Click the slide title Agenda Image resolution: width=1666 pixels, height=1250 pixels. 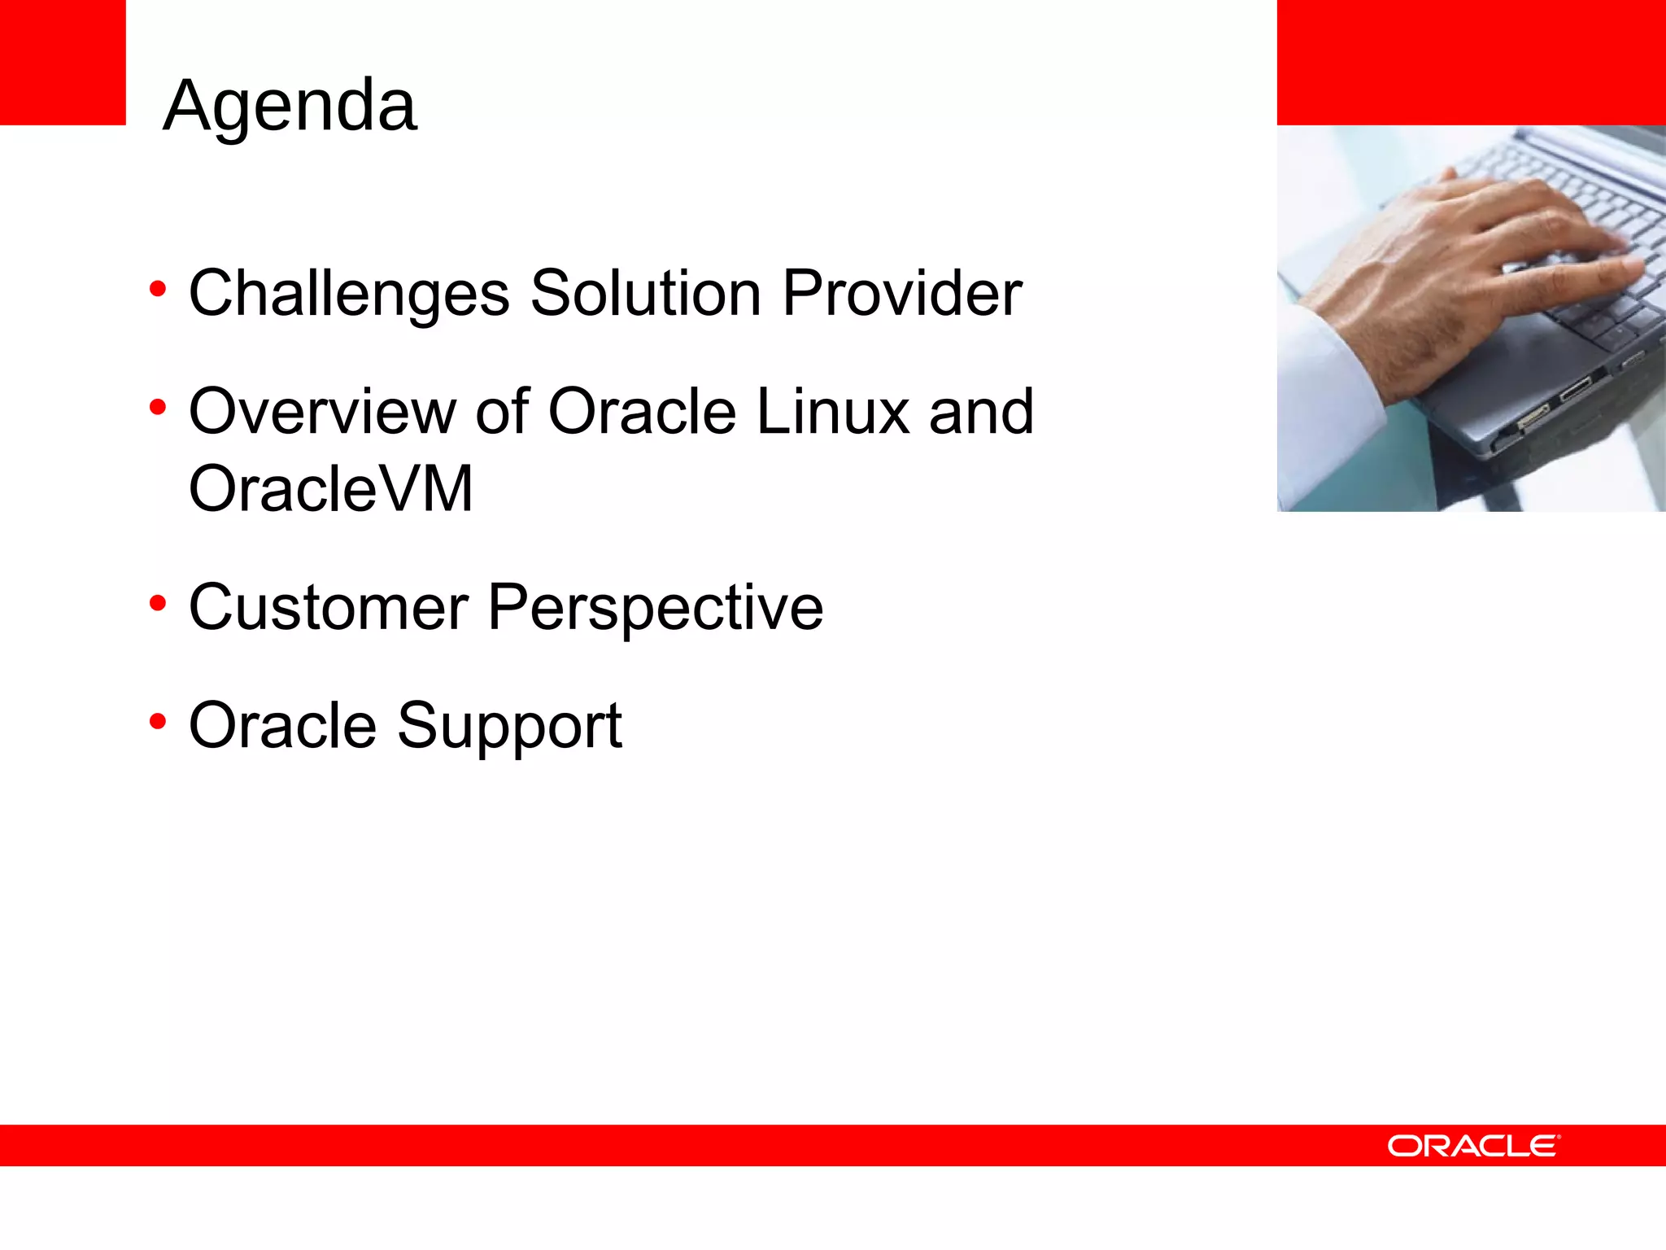pos(290,106)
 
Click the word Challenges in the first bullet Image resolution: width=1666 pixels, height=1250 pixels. pos(349,294)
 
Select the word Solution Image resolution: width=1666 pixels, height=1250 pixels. pos(646,294)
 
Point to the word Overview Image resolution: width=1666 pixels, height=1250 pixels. pos(322,412)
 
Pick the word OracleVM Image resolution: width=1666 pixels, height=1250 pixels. pos(330,490)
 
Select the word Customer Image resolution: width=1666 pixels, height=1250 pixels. pos(329,608)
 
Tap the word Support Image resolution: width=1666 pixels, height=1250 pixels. pos(509,727)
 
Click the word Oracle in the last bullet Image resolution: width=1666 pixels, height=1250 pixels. pos(282,725)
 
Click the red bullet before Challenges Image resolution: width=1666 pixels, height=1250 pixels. pos(158,288)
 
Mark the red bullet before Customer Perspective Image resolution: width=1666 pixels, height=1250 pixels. pos(158,603)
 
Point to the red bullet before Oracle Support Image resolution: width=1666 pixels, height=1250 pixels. pos(158,721)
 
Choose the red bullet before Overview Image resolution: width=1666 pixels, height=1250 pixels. pos(158,407)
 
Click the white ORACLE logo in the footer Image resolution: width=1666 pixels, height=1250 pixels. pos(1473,1146)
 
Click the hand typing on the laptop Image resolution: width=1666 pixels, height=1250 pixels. pos(1464,269)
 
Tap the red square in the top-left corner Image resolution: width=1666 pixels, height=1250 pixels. pos(63,62)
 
